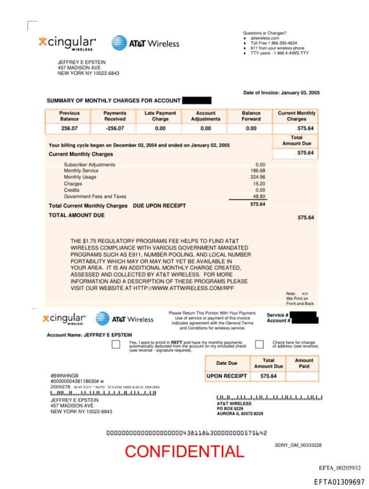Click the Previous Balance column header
[x=69, y=115]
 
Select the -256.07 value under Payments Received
[x=115, y=128]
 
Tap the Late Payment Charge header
[x=160, y=115]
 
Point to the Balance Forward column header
[x=251, y=115]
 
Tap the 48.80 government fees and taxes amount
[x=259, y=196]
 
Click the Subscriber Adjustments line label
[x=89, y=164]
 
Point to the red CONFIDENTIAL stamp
[x=184, y=451]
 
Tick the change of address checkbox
[x=258, y=345]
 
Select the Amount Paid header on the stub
[x=304, y=364]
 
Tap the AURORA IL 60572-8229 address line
[x=240, y=414]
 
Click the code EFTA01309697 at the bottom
[x=339, y=481]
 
